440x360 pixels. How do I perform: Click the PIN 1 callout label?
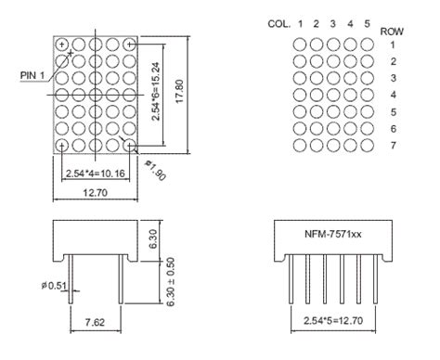coord(30,74)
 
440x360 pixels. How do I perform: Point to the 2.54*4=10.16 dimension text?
coord(96,173)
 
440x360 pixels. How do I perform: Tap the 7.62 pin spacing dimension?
coord(96,322)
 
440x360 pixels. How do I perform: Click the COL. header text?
coord(279,23)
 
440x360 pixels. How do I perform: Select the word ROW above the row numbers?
coord(392,31)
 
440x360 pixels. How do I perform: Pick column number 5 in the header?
coord(368,23)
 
